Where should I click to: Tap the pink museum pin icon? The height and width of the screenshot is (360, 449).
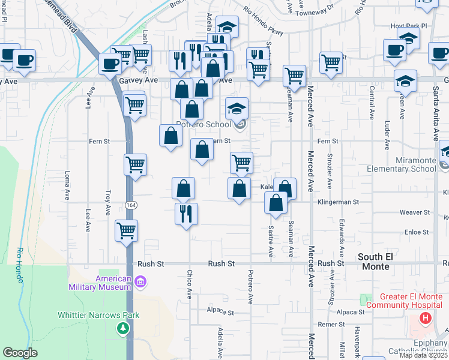tap(140, 281)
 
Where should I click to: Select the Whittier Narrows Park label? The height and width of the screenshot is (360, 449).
tap(98, 315)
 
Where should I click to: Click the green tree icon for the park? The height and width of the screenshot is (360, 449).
tap(123, 328)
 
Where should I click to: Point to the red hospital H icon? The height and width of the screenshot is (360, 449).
tap(426, 317)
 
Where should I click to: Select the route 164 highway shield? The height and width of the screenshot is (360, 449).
tap(130, 205)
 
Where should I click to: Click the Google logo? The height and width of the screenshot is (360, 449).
tap(20, 353)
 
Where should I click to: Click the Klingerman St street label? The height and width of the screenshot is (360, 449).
tap(337, 202)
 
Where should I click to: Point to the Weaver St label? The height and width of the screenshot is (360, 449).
tap(415, 212)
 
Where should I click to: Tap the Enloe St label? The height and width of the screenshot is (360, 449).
tap(417, 232)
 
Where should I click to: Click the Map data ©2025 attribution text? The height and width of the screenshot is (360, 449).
tap(423, 355)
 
